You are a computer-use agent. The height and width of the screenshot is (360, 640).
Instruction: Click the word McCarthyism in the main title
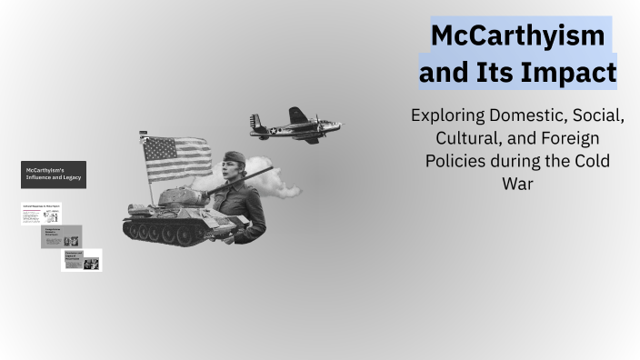tap(517, 37)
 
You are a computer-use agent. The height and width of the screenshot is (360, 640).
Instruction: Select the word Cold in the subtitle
tap(591, 161)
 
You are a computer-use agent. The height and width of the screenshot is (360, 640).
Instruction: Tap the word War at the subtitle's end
tap(517, 183)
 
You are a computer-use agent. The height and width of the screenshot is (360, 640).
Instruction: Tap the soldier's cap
tap(235, 156)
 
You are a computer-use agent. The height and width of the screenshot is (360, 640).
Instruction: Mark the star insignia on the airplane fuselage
tap(270, 131)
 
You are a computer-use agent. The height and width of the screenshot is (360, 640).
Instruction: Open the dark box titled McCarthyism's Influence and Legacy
tap(54, 175)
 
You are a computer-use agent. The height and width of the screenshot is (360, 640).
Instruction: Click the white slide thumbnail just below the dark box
tap(42, 213)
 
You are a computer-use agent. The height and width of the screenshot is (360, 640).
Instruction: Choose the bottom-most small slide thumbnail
tap(82, 260)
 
